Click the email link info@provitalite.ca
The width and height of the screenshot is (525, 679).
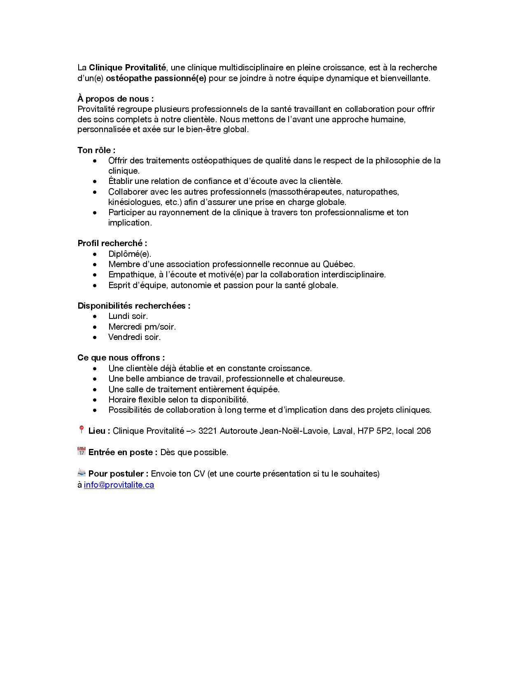point(119,485)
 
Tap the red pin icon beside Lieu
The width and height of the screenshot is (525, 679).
point(81,430)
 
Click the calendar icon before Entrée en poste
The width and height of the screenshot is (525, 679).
point(81,451)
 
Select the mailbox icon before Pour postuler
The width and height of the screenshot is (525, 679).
point(81,473)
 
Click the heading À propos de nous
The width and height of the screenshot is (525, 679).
point(115,99)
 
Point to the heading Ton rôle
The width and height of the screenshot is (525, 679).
point(96,150)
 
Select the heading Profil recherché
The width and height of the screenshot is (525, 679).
point(112,243)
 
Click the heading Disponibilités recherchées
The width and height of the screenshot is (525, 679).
point(134,306)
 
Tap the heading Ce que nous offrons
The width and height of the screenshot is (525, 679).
point(121,358)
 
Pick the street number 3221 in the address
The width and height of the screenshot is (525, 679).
point(208,431)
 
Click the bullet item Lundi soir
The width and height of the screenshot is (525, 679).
point(128,316)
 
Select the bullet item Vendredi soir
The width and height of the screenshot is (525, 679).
point(134,337)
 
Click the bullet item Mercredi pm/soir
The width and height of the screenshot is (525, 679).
point(142,327)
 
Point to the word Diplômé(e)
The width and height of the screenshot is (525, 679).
point(130,254)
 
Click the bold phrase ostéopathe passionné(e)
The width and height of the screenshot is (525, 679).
point(159,78)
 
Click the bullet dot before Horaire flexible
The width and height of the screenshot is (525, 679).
point(95,400)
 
